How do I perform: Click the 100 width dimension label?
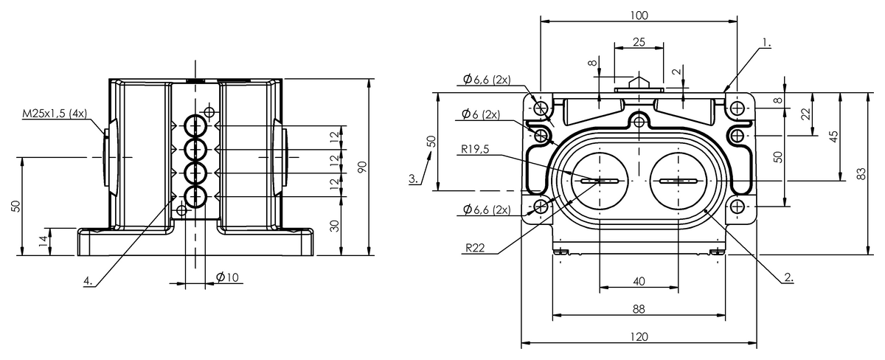[x=639, y=15]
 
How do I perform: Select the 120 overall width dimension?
[x=639, y=336]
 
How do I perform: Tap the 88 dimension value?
[x=639, y=309]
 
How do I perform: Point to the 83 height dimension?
[x=861, y=174]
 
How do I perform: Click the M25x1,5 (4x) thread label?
[x=55, y=114]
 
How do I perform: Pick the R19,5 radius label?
[x=475, y=149]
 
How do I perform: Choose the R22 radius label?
[x=475, y=248]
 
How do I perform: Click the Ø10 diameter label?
[x=228, y=277]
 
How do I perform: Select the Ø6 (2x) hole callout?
[x=481, y=114]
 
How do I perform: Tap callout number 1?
[x=766, y=43]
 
